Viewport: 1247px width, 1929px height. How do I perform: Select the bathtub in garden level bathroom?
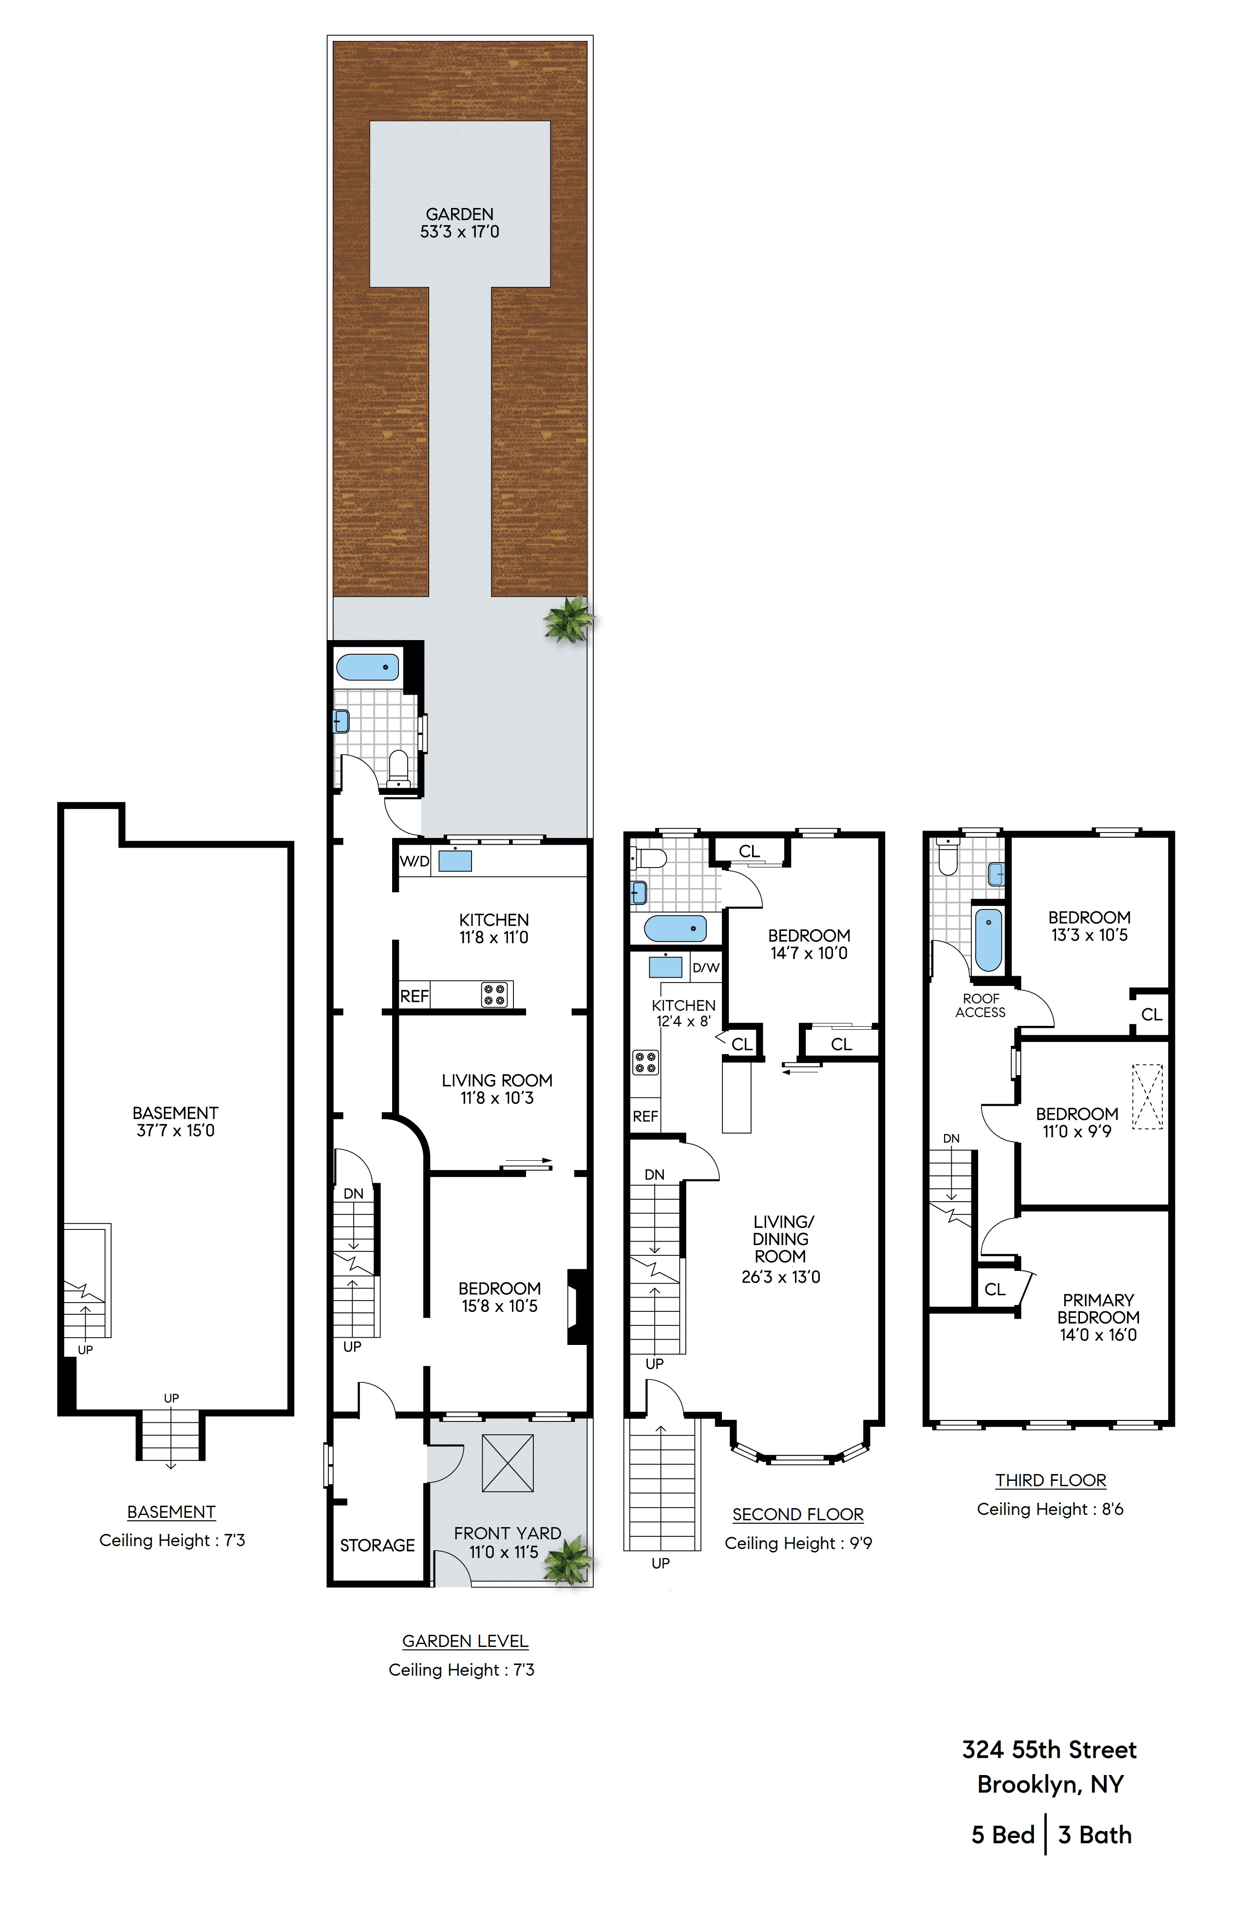pos(368,668)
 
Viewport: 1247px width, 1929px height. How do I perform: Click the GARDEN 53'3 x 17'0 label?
pos(459,223)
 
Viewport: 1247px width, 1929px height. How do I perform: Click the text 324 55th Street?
pos(1049,1750)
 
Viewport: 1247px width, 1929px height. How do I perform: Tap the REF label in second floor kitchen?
pos(645,1116)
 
